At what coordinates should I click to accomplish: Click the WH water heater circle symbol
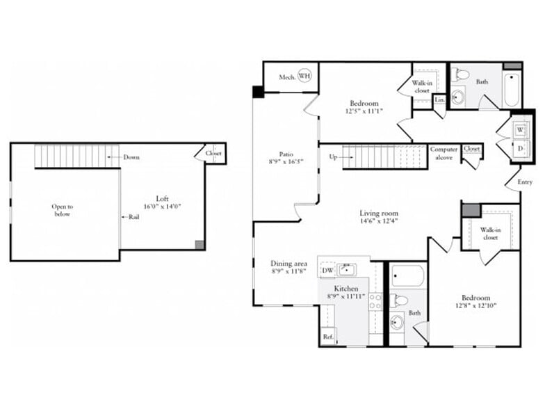coord(304,76)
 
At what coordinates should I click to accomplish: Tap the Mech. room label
coord(287,77)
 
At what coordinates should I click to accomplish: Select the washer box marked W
coord(519,130)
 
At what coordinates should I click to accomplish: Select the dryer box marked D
coord(519,149)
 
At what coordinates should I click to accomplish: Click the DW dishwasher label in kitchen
coord(327,270)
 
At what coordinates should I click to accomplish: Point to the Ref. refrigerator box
coord(327,337)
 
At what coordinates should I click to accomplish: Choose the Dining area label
coord(288,264)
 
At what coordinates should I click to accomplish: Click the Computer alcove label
coord(444,154)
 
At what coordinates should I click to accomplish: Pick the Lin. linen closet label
coord(439,99)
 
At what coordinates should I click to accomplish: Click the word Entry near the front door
coord(525,182)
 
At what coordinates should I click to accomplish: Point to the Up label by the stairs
coord(333,157)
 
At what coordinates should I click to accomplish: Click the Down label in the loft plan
coord(131,157)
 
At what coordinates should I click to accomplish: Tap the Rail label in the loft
coord(133,216)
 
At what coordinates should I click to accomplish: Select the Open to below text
coord(62,210)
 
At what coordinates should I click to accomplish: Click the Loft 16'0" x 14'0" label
coord(162,202)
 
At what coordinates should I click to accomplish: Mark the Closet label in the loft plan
coord(213,153)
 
